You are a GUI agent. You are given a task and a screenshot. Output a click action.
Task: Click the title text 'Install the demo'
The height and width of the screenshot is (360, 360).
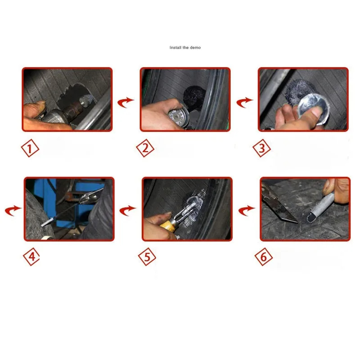coord(185,47)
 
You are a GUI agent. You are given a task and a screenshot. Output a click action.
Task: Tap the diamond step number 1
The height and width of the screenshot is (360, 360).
coord(31,148)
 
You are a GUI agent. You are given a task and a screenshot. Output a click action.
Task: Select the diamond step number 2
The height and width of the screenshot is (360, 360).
coord(145,148)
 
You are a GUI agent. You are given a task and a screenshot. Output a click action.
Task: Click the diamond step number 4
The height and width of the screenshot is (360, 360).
coord(31,257)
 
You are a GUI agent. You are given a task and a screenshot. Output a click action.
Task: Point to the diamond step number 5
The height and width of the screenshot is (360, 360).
coord(148,257)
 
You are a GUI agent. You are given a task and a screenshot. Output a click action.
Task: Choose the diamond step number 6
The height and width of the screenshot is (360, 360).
coord(264,257)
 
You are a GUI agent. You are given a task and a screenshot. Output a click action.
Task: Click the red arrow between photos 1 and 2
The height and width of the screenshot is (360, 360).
coord(126,102)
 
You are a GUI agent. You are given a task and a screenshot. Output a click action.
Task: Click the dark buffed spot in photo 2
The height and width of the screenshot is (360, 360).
coord(195,97)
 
